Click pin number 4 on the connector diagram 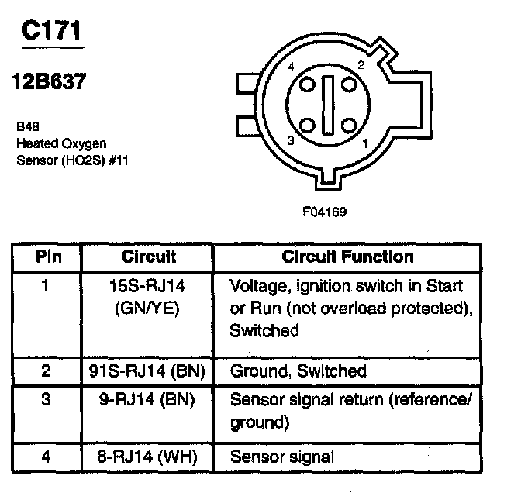pyautogui.click(x=290, y=68)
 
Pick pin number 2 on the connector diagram pyautogui.click(x=361, y=65)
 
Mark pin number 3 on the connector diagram pyautogui.click(x=289, y=140)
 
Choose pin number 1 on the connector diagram pyautogui.click(x=364, y=143)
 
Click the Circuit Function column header pyautogui.click(x=347, y=257)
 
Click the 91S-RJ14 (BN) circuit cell pyautogui.click(x=149, y=371)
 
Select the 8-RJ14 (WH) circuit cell pyautogui.click(x=149, y=457)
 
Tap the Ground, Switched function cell pyautogui.click(x=298, y=371)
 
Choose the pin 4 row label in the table pyautogui.click(x=47, y=457)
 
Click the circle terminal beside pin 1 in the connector pyautogui.click(x=347, y=125)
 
